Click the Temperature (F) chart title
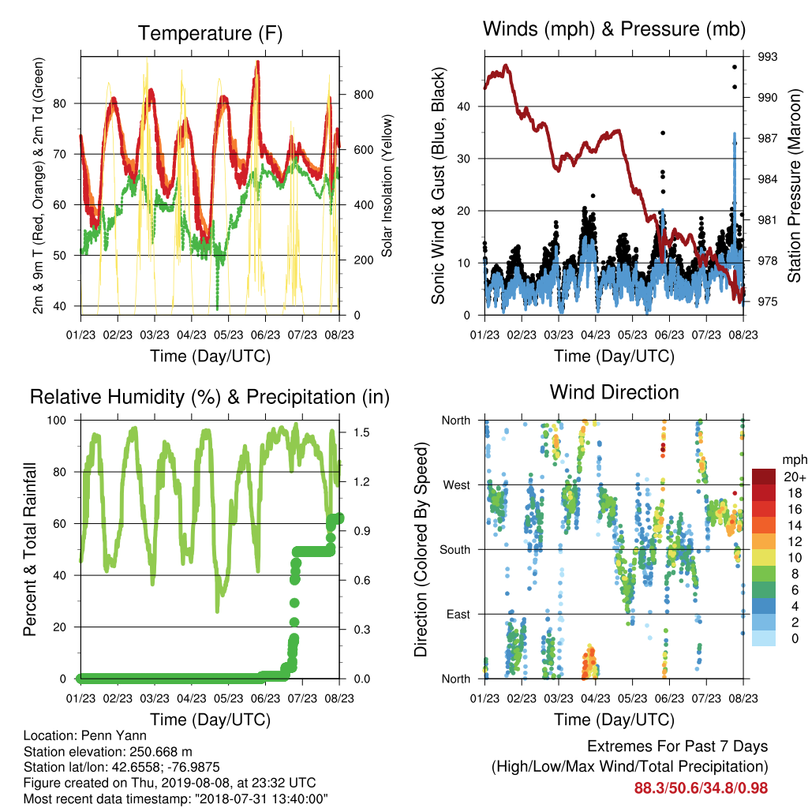pos(210,33)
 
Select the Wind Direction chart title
pos(614,392)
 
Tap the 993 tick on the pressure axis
pos(767,57)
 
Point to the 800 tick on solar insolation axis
pos(363,95)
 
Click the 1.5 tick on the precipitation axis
pos(361,432)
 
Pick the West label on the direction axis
pos(457,485)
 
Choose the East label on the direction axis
pos(458,614)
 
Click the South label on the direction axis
pos(455,550)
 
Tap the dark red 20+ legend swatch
pos(764,477)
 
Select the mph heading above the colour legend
pos(794,460)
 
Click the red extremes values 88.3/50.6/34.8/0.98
pos(701,788)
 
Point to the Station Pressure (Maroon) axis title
pos(794,185)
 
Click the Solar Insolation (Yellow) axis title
pos(387,185)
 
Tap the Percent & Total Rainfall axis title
pos(30,549)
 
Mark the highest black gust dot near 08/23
pos(735,67)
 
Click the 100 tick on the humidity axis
pos(57,421)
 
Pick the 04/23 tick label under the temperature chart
pos(192,335)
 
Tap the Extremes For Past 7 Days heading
pos(678,746)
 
